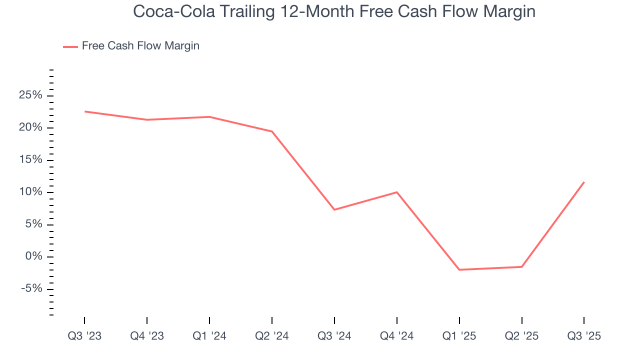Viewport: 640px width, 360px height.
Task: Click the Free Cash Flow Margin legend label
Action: click(x=140, y=46)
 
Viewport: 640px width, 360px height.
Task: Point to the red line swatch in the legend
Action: click(x=70, y=46)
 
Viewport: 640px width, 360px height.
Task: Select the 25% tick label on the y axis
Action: click(x=30, y=95)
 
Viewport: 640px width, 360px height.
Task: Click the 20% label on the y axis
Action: click(x=30, y=128)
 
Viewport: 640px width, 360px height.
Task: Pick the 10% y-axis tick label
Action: click(x=30, y=192)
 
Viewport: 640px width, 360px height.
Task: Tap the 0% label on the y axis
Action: click(x=33, y=257)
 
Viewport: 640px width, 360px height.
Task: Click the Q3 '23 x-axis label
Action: click(x=84, y=336)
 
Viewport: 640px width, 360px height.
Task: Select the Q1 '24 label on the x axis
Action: click(x=209, y=336)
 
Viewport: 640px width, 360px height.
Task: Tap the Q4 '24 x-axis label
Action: click(x=397, y=336)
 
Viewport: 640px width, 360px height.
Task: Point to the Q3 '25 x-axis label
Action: click(x=584, y=336)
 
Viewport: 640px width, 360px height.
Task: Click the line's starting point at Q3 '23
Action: click(x=84, y=111)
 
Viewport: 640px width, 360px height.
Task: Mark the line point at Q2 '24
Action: click(x=272, y=131)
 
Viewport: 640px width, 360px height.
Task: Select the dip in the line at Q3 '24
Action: click(x=334, y=209)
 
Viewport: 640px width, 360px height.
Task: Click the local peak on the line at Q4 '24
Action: click(x=397, y=192)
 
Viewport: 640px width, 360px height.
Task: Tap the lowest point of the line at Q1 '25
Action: click(x=459, y=269)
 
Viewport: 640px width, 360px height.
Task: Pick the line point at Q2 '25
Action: click(x=521, y=266)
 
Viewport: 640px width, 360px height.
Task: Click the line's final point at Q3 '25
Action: click(x=583, y=182)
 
